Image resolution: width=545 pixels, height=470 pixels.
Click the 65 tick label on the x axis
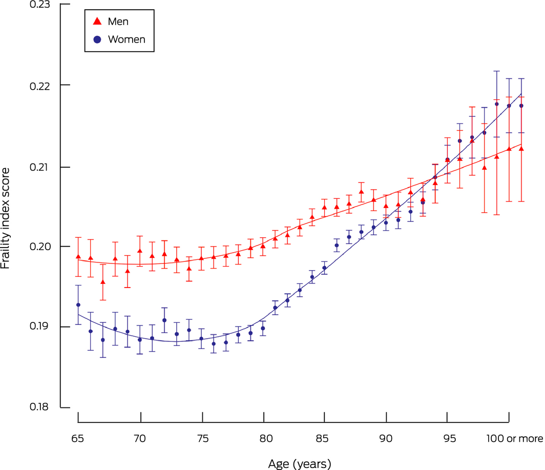click(x=78, y=439)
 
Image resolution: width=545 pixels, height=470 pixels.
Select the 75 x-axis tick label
click(x=202, y=439)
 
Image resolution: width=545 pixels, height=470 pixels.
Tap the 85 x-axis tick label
click(x=325, y=439)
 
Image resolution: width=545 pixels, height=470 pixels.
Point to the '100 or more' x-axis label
click(x=513, y=439)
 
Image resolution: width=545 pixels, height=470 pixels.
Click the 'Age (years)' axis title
click(x=300, y=463)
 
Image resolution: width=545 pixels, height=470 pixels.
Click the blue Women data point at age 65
click(x=78, y=305)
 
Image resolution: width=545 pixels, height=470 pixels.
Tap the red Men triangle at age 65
click(x=78, y=256)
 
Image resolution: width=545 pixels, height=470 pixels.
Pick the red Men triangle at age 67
click(x=103, y=282)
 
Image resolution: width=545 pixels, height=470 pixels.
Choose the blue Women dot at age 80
click(x=263, y=329)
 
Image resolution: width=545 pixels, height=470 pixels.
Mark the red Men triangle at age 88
click(x=362, y=192)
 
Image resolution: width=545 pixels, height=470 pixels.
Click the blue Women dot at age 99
click(x=497, y=104)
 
